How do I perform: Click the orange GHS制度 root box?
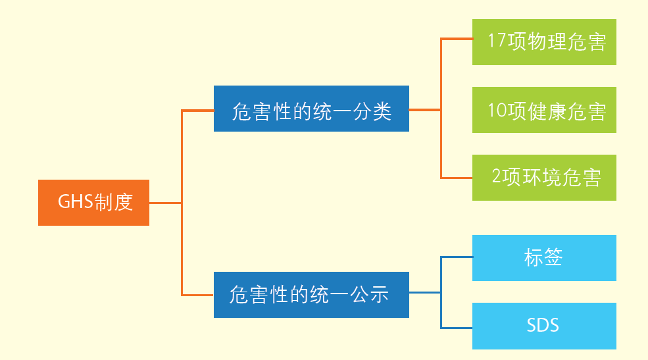pos(93,203)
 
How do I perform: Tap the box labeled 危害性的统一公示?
pos(311,295)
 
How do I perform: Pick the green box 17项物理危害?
pos(544,42)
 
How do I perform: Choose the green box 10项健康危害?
pos(544,110)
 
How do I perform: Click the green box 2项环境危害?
pos(544,178)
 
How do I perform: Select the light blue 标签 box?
pos(544,258)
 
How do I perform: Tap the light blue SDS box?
pos(544,326)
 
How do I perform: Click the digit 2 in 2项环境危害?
pos(497,178)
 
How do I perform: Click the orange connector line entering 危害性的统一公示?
pos(197,295)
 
